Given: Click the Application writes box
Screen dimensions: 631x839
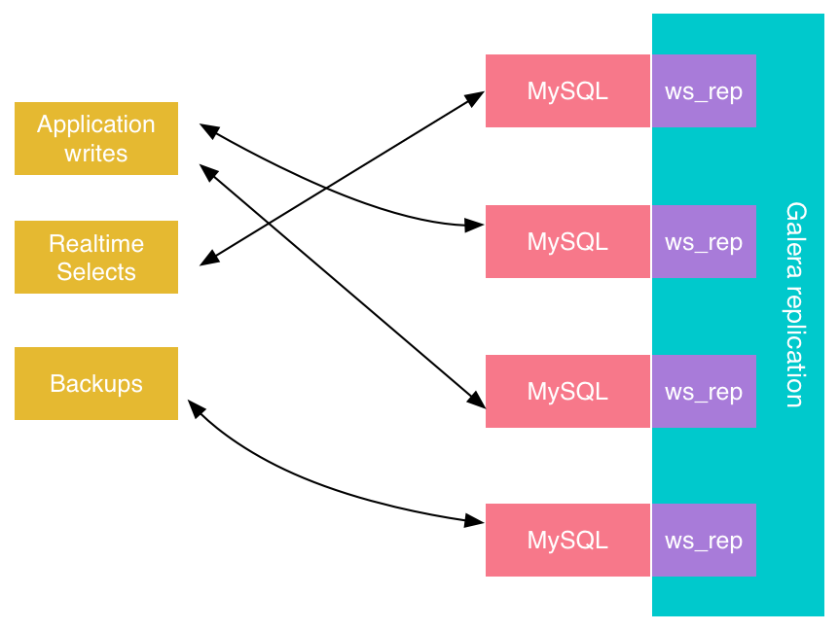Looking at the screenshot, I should pyautogui.click(x=96, y=138).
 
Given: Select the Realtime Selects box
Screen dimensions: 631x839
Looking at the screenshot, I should pyautogui.click(x=96, y=257).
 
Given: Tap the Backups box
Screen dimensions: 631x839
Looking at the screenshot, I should pyautogui.click(x=96, y=383).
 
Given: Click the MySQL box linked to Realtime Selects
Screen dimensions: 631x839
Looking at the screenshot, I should pyautogui.click(x=567, y=91).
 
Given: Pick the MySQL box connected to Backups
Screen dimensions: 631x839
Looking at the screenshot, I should pyautogui.click(x=567, y=540).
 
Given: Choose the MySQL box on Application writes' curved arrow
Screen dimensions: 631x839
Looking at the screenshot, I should pyautogui.click(x=567, y=241).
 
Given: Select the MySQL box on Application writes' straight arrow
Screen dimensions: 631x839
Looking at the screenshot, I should pyautogui.click(x=567, y=391).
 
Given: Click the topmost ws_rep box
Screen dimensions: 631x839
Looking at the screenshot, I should pyautogui.click(x=704, y=91).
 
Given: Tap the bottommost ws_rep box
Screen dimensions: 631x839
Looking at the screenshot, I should pyautogui.click(x=704, y=540).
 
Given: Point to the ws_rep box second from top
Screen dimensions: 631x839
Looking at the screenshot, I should pyautogui.click(x=704, y=241).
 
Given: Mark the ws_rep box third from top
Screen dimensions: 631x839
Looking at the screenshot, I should pyautogui.click(x=704, y=391).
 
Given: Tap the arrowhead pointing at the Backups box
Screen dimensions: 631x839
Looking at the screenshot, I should pyautogui.click(x=195, y=407).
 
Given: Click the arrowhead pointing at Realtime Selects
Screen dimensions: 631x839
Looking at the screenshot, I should pyautogui.click(x=207, y=260).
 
